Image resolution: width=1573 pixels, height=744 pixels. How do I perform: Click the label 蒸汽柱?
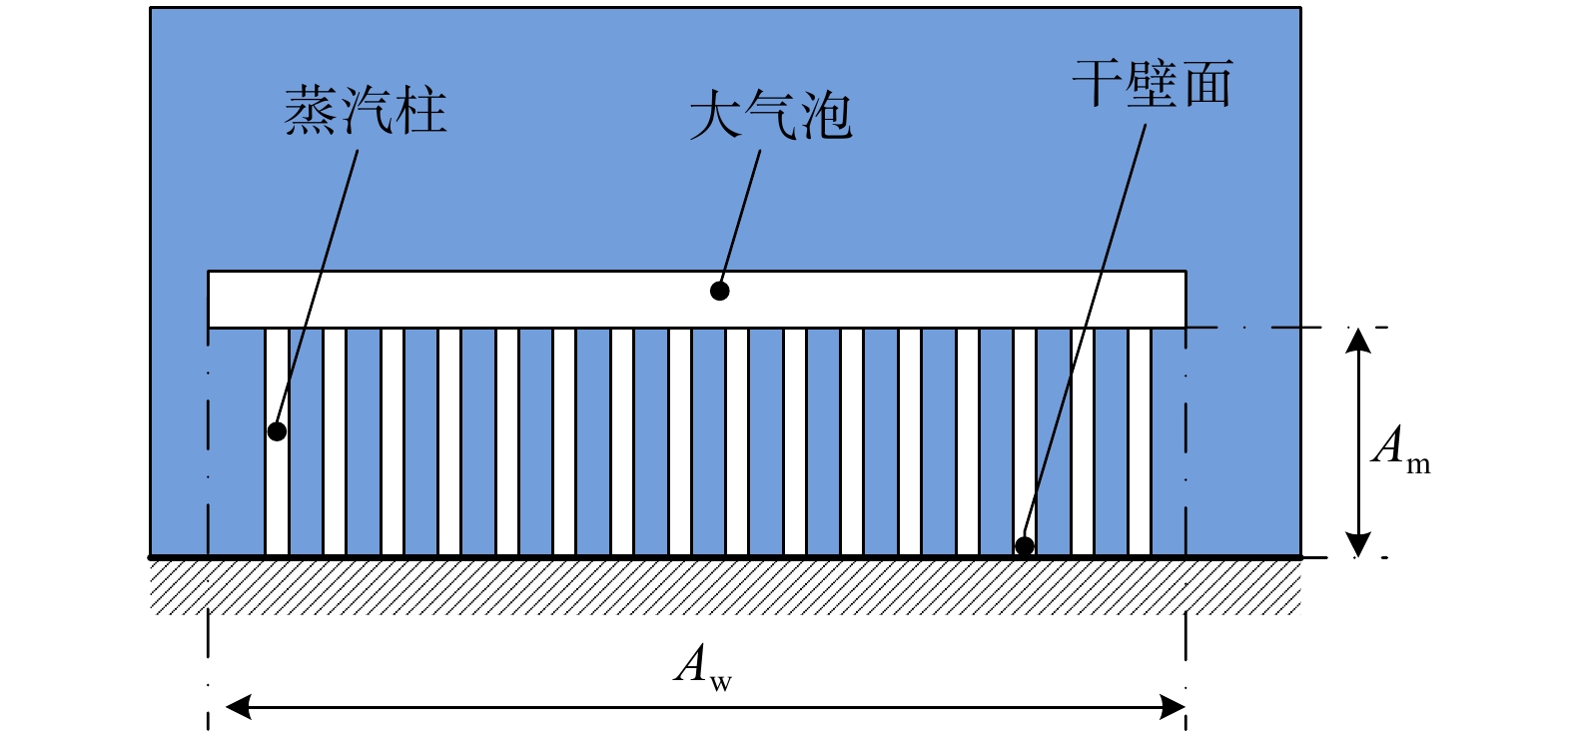click(366, 110)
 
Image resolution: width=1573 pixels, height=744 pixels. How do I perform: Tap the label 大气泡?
click(770, 116)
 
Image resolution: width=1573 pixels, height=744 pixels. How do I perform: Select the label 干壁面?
click(1153, 83)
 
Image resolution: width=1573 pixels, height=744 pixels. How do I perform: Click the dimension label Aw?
click(702, 665)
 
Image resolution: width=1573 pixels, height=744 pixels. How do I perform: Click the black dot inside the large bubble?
click(719, 291)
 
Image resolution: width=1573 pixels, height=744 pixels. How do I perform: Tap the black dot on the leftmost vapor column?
click(277, 431)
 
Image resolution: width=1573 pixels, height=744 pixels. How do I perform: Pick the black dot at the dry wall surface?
click(1024, 546)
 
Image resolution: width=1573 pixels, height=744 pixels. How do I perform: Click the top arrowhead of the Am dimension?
click(1357, 341)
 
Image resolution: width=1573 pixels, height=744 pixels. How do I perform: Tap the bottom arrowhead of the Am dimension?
click(1357, 544)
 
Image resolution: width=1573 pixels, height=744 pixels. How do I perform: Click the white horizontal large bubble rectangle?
click(499, 299)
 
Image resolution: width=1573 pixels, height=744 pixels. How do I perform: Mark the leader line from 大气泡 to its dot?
click(741, 215)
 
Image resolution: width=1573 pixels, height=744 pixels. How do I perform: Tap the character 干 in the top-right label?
click(1097, 83)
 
